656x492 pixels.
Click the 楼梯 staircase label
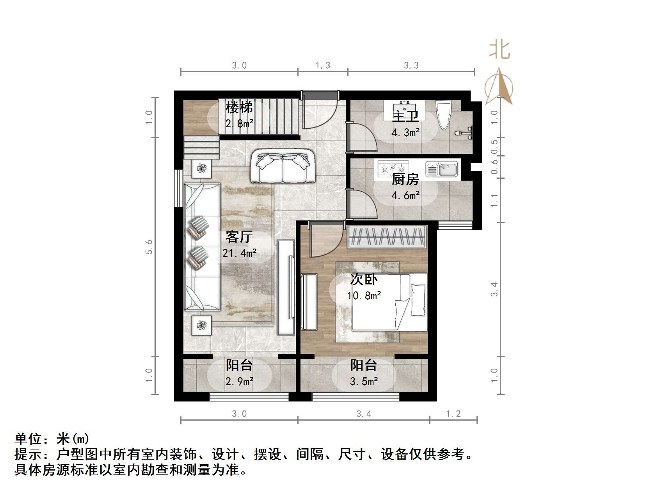click(x=239, y=107)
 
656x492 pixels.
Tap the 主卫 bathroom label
click(x=405, y=116)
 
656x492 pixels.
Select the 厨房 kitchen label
click(x=405, y=179)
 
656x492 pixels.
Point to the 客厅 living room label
click(x=239, y=237)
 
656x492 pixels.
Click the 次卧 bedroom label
click(x=364, y=279)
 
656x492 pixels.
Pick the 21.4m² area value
click(x=239, y=253)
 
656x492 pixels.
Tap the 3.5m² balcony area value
click(x=364, y=382)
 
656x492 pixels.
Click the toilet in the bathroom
click(x=444, y=115)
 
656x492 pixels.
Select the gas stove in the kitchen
click(x=393, y=169)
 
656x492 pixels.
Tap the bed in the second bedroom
click(x=389, y=302)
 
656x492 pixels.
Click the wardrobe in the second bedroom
click(x=386, y=236)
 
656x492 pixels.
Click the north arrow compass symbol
click(x=499, y=87)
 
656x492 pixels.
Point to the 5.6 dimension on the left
click(x=149, y=247)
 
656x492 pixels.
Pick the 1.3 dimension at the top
click(x=323, y=66)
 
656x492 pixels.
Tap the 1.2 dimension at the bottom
click(x=453, y=414)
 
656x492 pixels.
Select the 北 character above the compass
click(x=500, y=50)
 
